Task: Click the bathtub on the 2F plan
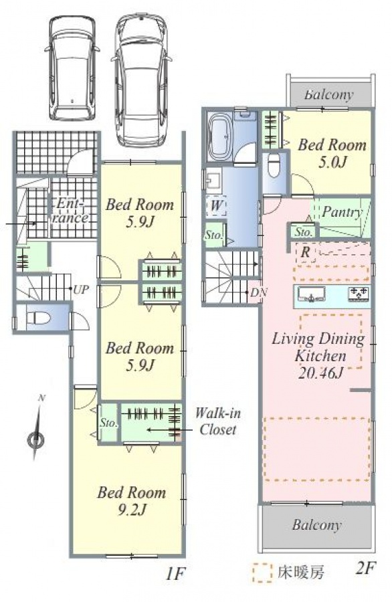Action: pyautogui.click(x=219, y=136)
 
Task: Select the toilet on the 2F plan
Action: pyautogui.click(x=274, y=165)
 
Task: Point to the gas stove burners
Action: pyautogui.click(x=359, y=293)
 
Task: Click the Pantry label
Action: pyautogui.click(x=342, y=212)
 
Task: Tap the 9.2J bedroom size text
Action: pyautogui.click(x=132, y=510)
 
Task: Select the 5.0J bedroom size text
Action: pyautogui.click(x=332, y=163)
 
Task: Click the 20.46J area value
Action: pyautogui.click(x=320, y=373)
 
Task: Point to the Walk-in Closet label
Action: pyautogui.click(x=217, y=421)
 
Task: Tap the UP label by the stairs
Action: pyautogui.click(x=81, y=290)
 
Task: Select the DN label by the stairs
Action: pyautogui.click(x=258, y=293)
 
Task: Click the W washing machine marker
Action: pyautogui.click(x=217, y=205)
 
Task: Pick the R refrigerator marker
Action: pyautogui.click(x=306, y=253)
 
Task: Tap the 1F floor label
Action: pyautogui.click(x=175, y=575)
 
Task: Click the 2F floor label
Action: pyautogui.click(x=365, y=568)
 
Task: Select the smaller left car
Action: pyautogui.click(x=72, y=68)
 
